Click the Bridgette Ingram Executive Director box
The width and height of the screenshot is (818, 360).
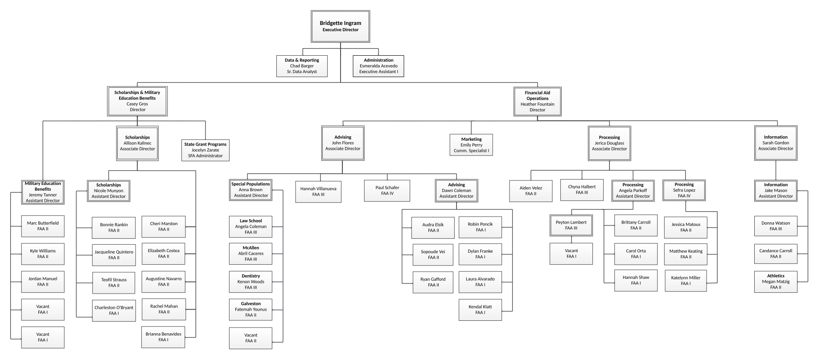point(340,26)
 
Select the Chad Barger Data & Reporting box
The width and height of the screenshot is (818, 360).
point(302,66)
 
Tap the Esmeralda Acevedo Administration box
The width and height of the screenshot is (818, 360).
point(378,66)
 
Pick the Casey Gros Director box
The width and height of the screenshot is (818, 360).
point(137,101)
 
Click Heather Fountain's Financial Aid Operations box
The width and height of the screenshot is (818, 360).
point(537,102)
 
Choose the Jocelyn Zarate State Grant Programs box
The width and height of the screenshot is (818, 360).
point(205,150)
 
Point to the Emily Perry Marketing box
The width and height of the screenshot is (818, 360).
point(471,145)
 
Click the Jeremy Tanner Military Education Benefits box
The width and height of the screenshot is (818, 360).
point(43,192)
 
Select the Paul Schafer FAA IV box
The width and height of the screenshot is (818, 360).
point(387,191)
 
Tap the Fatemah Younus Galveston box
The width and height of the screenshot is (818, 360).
point(251,309)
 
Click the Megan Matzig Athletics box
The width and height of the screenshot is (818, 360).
point(776,282)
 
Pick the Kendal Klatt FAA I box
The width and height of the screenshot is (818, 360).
point(480,310)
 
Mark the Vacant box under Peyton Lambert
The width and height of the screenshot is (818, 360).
point(571,254)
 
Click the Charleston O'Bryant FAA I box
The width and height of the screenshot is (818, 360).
point(114,310)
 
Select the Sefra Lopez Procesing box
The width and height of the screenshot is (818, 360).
point(684,190)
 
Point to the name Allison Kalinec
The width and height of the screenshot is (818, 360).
point(137,143)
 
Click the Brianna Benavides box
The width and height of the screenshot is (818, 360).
point(164,337)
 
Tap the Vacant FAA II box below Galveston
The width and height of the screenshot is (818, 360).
point(251,338)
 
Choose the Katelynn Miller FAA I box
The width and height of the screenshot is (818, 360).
point(686,281)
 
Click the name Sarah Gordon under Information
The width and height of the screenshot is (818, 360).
point(776,143)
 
